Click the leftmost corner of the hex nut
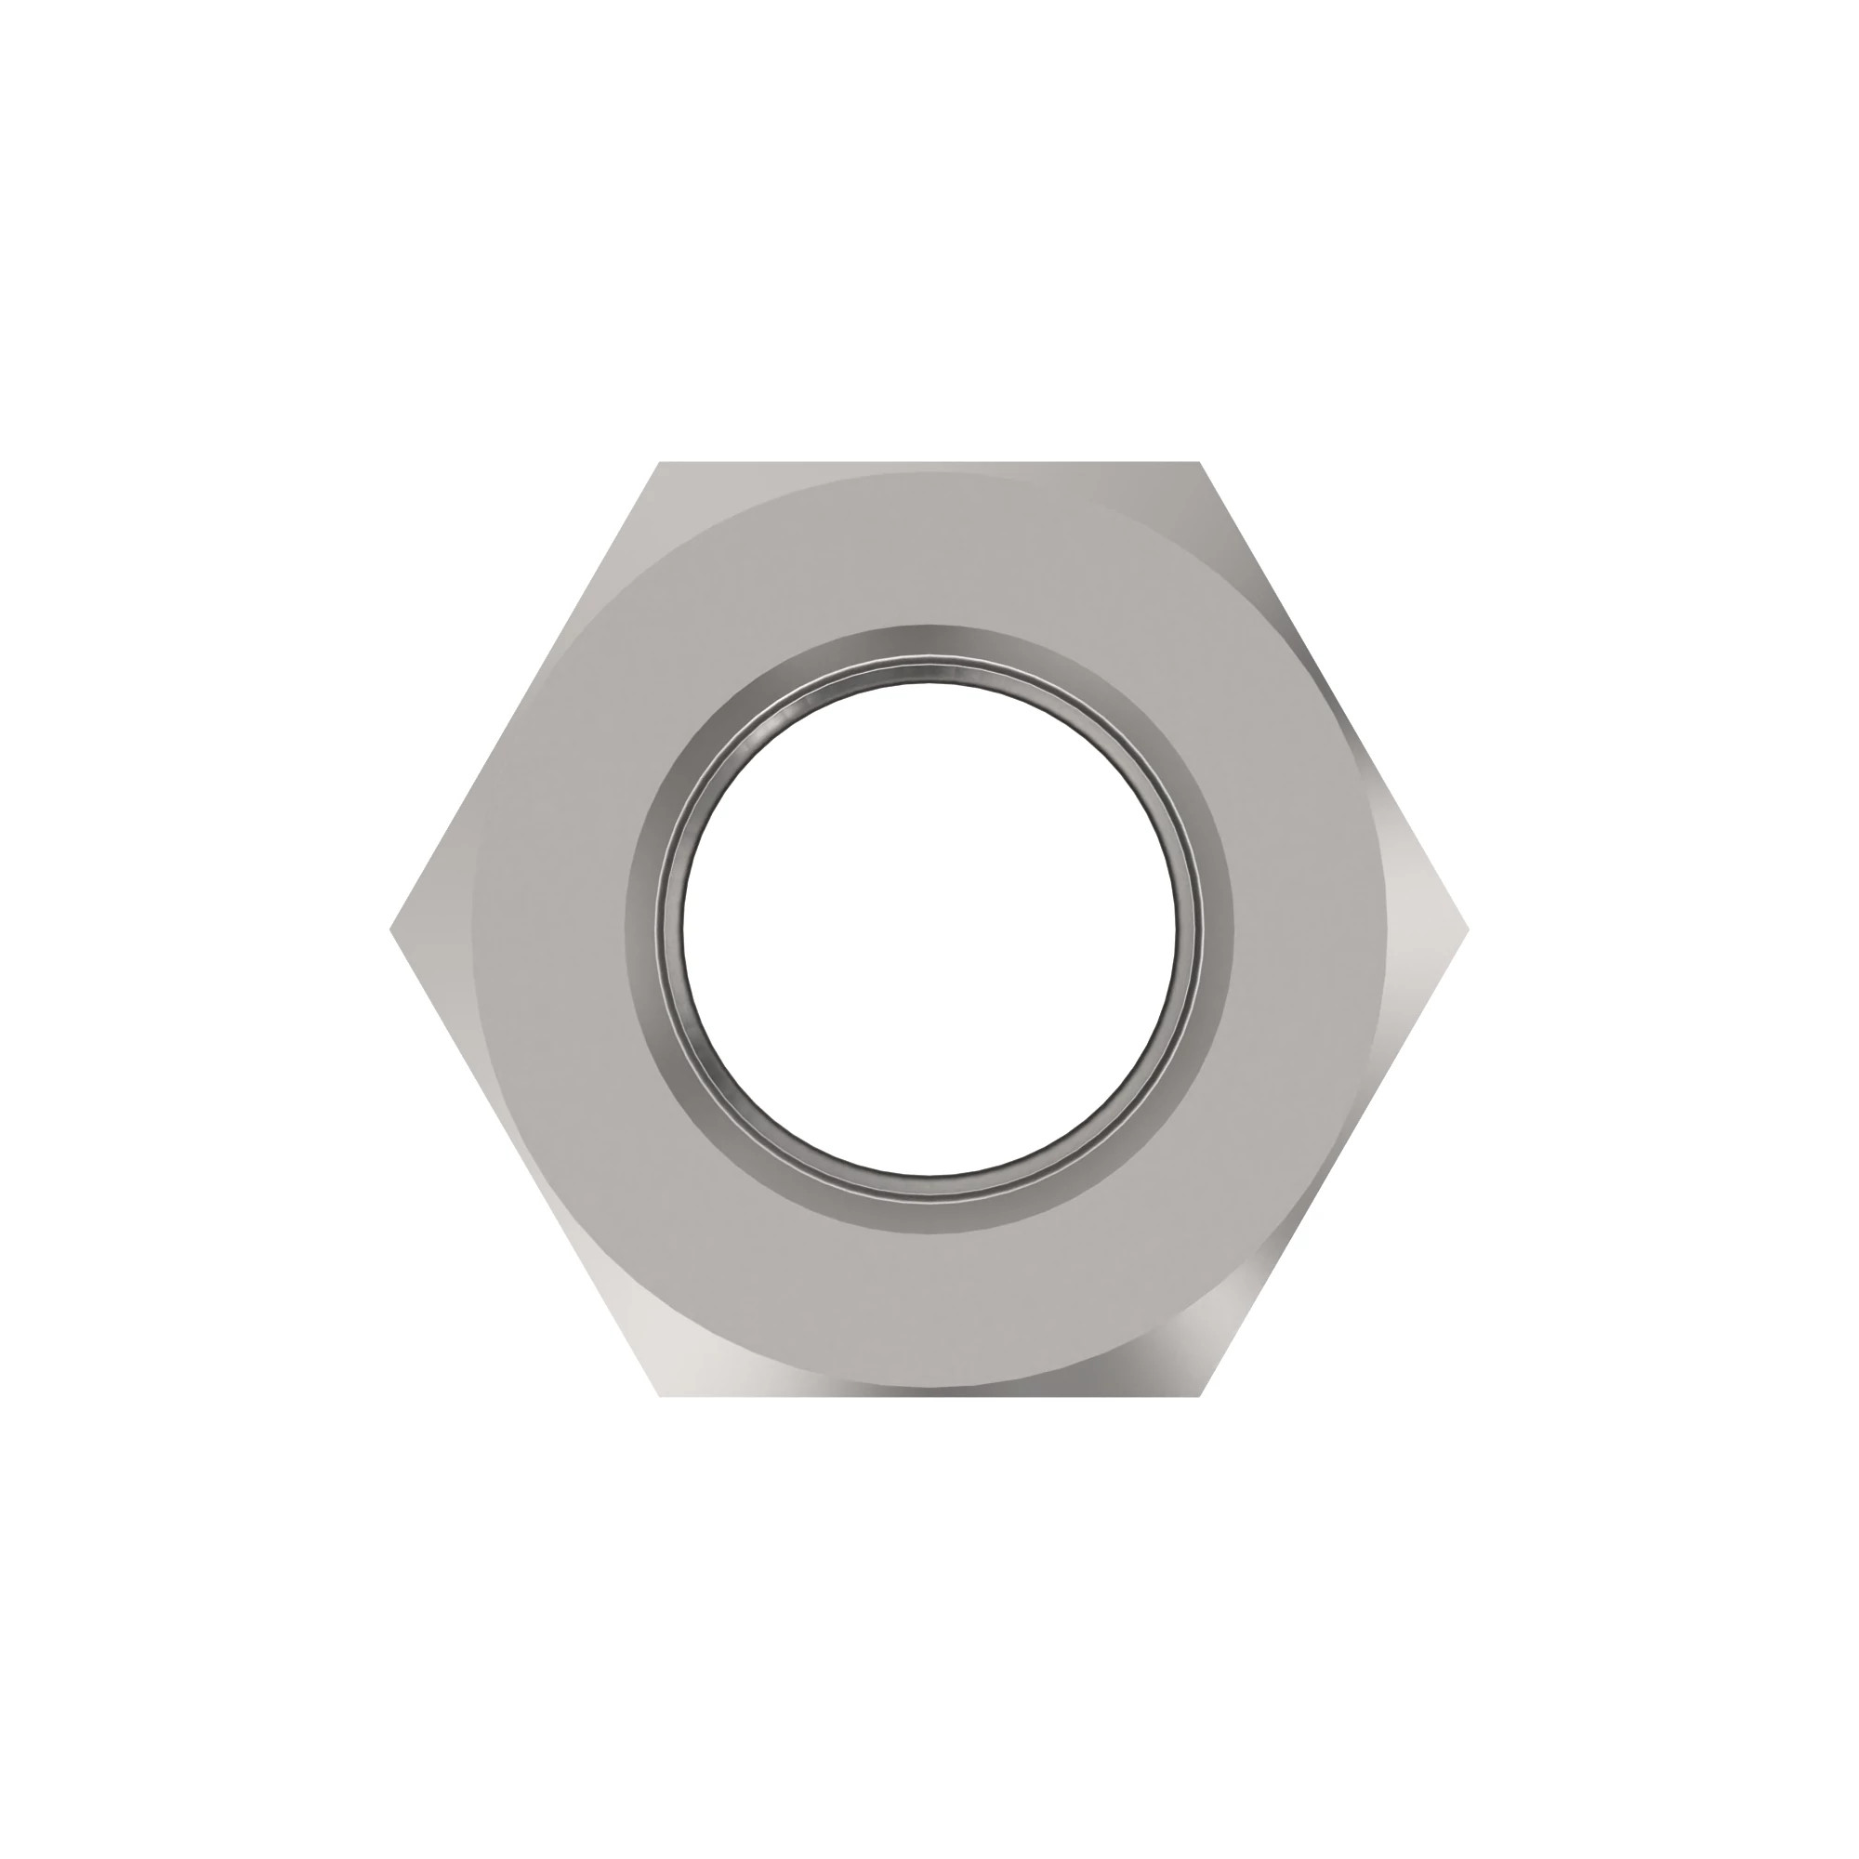coord(391,929)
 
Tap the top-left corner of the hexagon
coord(659,464)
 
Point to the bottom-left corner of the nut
coord(659,1395)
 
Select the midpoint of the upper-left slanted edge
coord(525,696)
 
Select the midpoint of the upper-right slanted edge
coord(1334,696)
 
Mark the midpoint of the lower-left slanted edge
coord(525,1163)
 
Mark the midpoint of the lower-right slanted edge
coord(1334,1163)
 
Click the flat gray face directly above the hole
coord(929,548)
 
